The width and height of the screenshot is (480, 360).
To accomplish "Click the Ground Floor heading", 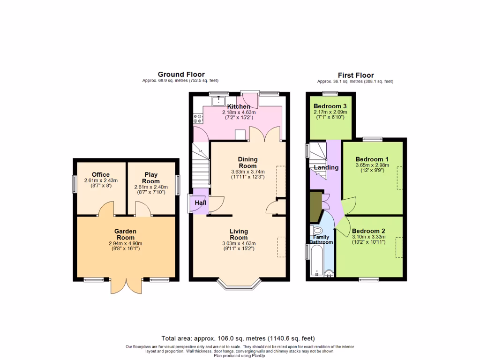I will coord(181,74).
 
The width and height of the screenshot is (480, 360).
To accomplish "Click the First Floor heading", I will coord(356,75).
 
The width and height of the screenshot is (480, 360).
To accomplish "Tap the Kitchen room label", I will coord(239,106).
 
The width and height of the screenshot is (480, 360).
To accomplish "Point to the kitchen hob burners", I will coord(197,119).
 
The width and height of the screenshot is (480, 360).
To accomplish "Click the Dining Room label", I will coord(247,162).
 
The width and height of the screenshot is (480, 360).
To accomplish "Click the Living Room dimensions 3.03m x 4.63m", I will coord(239,244).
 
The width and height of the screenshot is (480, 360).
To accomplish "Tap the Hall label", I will coord(201,202).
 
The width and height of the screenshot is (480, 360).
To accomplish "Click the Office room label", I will coord(101,174).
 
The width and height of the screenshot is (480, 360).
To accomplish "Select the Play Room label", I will coord(150,178).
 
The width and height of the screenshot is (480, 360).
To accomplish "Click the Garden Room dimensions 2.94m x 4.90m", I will coord(125,243).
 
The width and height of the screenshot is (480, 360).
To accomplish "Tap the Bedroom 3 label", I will coord(330,106).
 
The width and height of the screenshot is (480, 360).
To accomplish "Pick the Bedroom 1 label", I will coord(370,158).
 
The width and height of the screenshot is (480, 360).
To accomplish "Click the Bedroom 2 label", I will coord(368,231).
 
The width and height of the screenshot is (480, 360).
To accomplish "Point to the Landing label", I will coord(326,167).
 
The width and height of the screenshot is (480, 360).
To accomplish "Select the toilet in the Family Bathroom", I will coord(317,230).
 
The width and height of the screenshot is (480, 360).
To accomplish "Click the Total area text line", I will coord(238,338).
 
